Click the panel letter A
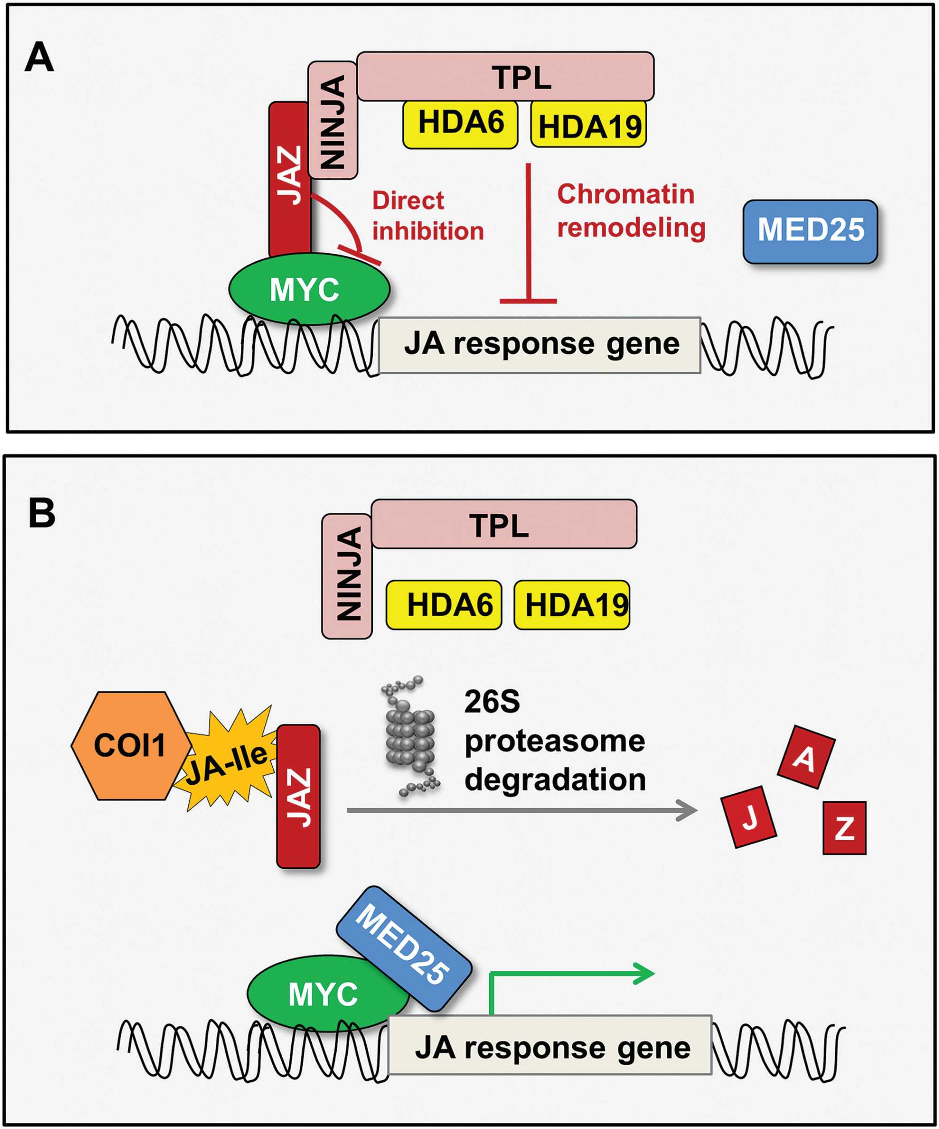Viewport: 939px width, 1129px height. tap(39, 58)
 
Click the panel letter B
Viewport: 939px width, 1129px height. tap(41, 514)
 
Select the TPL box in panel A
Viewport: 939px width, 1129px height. tap(505, 76)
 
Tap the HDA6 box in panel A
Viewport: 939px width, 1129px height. tap(460, 124)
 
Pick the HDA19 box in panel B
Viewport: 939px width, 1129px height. tap(571, 605)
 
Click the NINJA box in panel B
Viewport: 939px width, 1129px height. tap(347, 576)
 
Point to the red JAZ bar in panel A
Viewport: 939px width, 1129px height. tap(290, 177)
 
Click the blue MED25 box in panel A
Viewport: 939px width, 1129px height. tap(810, 231)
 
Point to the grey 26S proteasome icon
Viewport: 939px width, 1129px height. tap(410, 736)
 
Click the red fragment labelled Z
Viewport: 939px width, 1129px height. tap(844, 828)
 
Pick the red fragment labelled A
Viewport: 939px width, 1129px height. tap(806, 757)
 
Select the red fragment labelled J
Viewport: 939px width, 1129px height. tap(748, 817)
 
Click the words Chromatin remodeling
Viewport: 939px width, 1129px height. tap(631, 211)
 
